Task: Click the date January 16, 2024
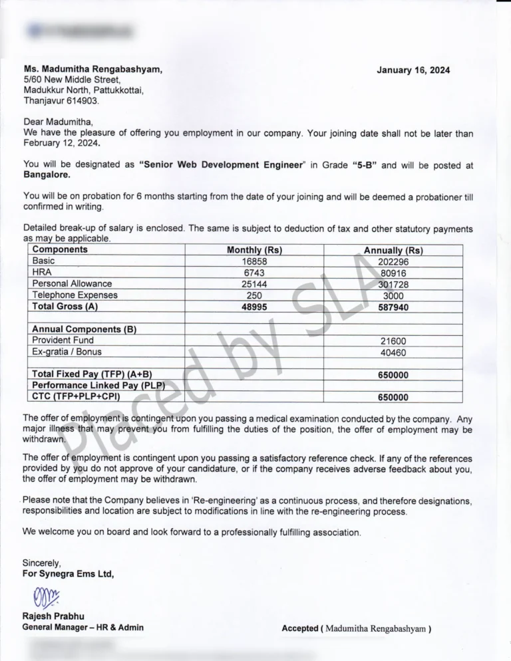(x=413, y=70)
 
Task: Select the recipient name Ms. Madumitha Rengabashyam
(x=92, y=68)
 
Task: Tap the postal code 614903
(x=82, y=100)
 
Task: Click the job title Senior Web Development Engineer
(x=220, y=165)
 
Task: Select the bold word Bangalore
(x=47, y=176)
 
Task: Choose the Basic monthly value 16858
(x=254, y=261)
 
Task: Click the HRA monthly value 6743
(x=254, y=273)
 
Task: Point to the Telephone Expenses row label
(x=75, y=295)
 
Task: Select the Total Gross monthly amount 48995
(x=254, y=307)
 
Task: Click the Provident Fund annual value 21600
(x=393, y=340)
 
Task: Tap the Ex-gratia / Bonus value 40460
(x=393, y=352)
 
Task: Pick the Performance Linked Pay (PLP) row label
(x=98, y=386)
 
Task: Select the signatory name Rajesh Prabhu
(x=53, y=616)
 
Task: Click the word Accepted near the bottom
(x=299, y=628)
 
